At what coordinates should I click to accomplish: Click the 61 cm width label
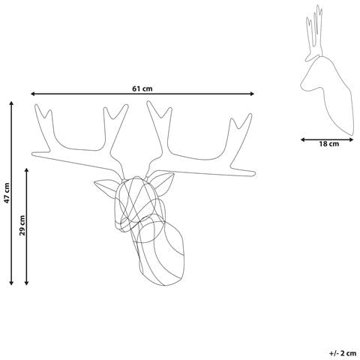[142, 88]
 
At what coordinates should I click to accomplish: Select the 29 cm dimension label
[22, 225]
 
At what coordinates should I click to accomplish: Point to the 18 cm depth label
[328, 144]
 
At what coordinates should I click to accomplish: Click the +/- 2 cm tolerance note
[343, 353]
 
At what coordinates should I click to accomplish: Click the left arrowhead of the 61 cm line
[32, 94]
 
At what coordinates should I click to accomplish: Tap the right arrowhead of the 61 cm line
[252, 94]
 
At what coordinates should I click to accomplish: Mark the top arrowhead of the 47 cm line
[11, 103]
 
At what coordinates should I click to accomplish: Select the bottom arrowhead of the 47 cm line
[11, 283]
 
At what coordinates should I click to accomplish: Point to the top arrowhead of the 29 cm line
[27, 170]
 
